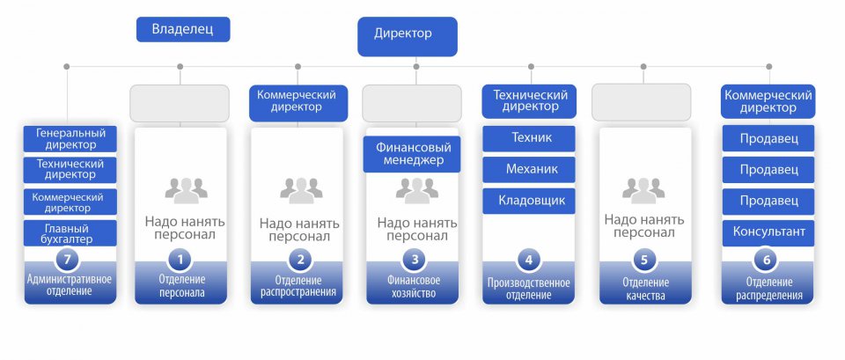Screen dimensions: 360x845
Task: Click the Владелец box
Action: coord(183,30)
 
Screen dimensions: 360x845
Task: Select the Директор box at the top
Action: coord(408,35)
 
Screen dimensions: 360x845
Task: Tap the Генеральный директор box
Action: coord(70,139)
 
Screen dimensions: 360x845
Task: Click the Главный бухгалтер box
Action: coord(70,233)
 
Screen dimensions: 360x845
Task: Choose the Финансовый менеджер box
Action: coord(412,154)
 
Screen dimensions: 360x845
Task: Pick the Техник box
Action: coord(529,138)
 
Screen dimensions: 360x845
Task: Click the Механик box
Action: coord(529,169)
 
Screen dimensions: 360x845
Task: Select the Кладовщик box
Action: coord(529,201)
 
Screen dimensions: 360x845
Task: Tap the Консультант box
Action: coord(768,233)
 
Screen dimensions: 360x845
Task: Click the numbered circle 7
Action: coord(70,261)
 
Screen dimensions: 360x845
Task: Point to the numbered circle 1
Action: coord(180,260)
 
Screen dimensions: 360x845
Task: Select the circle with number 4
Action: coord(529,260)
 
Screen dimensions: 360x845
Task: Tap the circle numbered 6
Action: coord(768,260)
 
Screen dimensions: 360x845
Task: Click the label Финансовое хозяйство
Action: coord(412,287)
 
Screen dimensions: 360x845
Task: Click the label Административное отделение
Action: coord(70,285)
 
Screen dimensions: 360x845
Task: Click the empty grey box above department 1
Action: coord(180,103)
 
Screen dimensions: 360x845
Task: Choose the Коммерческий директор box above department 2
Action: coord(297,102)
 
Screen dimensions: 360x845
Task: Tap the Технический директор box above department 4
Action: coord(529,101)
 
